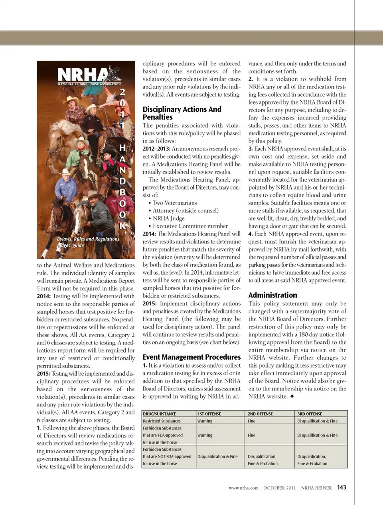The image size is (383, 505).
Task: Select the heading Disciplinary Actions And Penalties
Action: click(182, 113)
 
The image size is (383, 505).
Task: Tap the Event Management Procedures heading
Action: click(191, 357)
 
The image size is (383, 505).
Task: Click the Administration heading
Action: click(272, 295)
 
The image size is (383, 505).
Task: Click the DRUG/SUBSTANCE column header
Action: click(159, 414)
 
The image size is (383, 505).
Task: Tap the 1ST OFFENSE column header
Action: click(209, 414)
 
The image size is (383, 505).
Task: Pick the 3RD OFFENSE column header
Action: click(310, 414)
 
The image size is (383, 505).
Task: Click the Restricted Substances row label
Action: click(162, 421)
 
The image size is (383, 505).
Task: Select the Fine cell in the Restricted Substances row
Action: click(251, 421)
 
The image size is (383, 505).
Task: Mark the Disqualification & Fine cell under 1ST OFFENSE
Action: click(217, 456)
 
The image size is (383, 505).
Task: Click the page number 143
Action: click(342, 487)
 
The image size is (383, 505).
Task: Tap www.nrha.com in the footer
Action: click(243, 488)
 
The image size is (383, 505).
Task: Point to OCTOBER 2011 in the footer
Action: click(279, 488)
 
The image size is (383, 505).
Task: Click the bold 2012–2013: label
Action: click(156, 149)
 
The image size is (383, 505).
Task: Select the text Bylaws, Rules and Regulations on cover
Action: click(88, 239)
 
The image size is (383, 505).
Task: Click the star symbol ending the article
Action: click(292, 396)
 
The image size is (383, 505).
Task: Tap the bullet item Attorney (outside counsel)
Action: click(186, 210)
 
